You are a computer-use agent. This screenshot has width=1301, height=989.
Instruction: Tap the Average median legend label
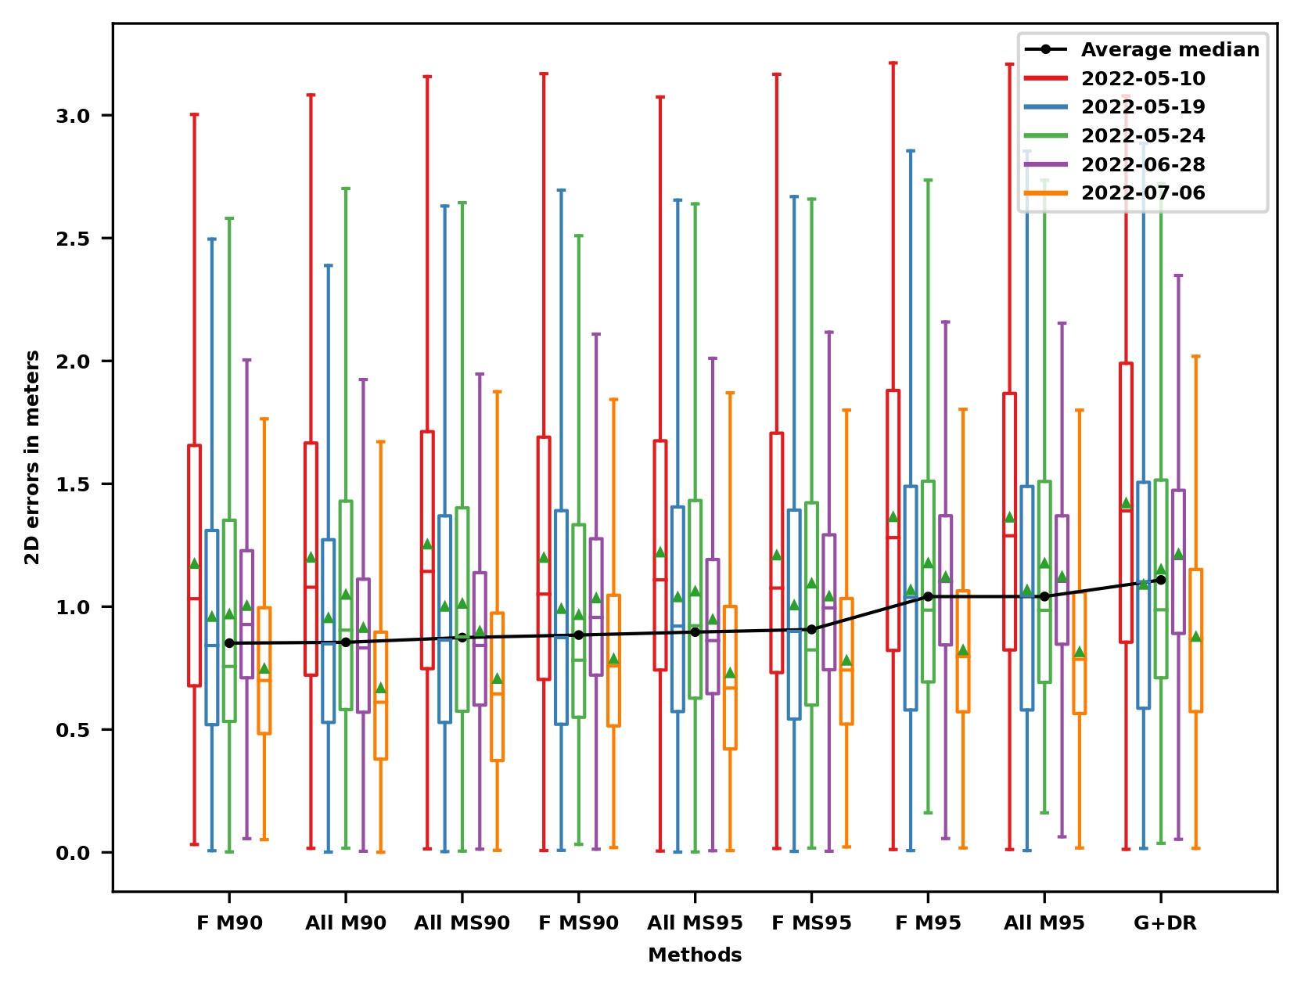tap(1170, 50)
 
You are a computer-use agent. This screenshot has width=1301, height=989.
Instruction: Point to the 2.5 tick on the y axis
tap(74, 239)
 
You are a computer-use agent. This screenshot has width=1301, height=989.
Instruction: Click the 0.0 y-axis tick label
tap(74, 853)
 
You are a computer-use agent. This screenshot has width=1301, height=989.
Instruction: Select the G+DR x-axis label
tap(1165, 923)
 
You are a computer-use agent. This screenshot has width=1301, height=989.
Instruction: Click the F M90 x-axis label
tap(229, 923)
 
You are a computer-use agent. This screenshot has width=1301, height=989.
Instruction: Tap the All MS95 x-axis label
tap(695, 923)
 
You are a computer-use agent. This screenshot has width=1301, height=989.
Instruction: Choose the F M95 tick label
tap(928, 923)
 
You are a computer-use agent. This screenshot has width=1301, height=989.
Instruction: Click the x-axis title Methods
tap(695, 955)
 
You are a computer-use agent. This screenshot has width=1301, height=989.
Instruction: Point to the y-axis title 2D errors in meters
tap(32, 457)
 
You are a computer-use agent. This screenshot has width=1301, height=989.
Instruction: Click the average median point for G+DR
tap(1161, 580)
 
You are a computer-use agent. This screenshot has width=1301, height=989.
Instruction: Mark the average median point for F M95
tap(928, 596)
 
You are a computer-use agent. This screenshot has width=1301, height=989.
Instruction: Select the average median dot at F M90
tap(229, 643)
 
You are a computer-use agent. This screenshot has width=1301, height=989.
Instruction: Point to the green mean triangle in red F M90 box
tap(194, 563)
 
